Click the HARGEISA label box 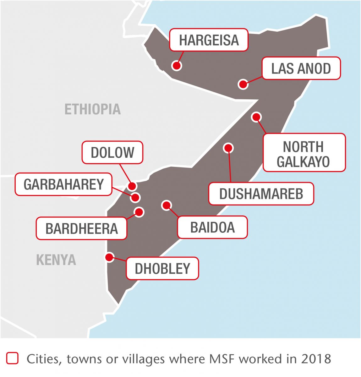point(209,40)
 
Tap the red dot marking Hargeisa point(177,66)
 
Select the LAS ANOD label point(301,68)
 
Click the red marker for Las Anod point(243,84)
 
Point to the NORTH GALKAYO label point(304,153)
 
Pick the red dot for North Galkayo point(256,117)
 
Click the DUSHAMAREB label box point(261,194)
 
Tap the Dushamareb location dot point(228,148)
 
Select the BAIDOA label point(212,227)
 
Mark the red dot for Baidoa point(166,205)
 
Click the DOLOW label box point(112,152)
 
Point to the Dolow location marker point(133,186)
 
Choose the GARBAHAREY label point(63,184)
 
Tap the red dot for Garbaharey point(135,197)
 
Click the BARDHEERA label point(81,228)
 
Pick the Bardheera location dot point(139,212)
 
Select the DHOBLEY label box point(162,268)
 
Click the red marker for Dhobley point(109,257)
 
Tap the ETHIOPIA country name point(92,109)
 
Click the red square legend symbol point(12,358)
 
